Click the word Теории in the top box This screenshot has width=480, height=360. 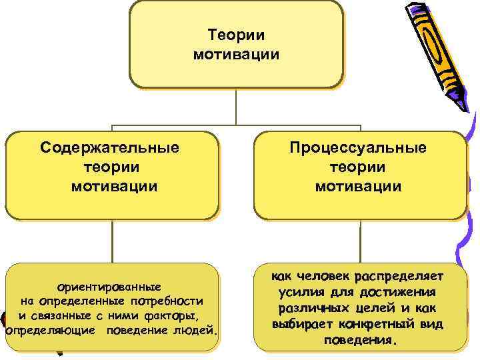(x=237, y=35)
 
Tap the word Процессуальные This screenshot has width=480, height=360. (x=359, y=147)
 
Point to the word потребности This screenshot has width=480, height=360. (x=165, y=301)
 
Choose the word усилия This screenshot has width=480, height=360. (x=300, y=293)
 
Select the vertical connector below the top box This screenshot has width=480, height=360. (x=236, y=107)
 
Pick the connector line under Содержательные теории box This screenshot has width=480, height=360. (x=112, y=241)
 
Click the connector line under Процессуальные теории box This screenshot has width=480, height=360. (x=360, y=241)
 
